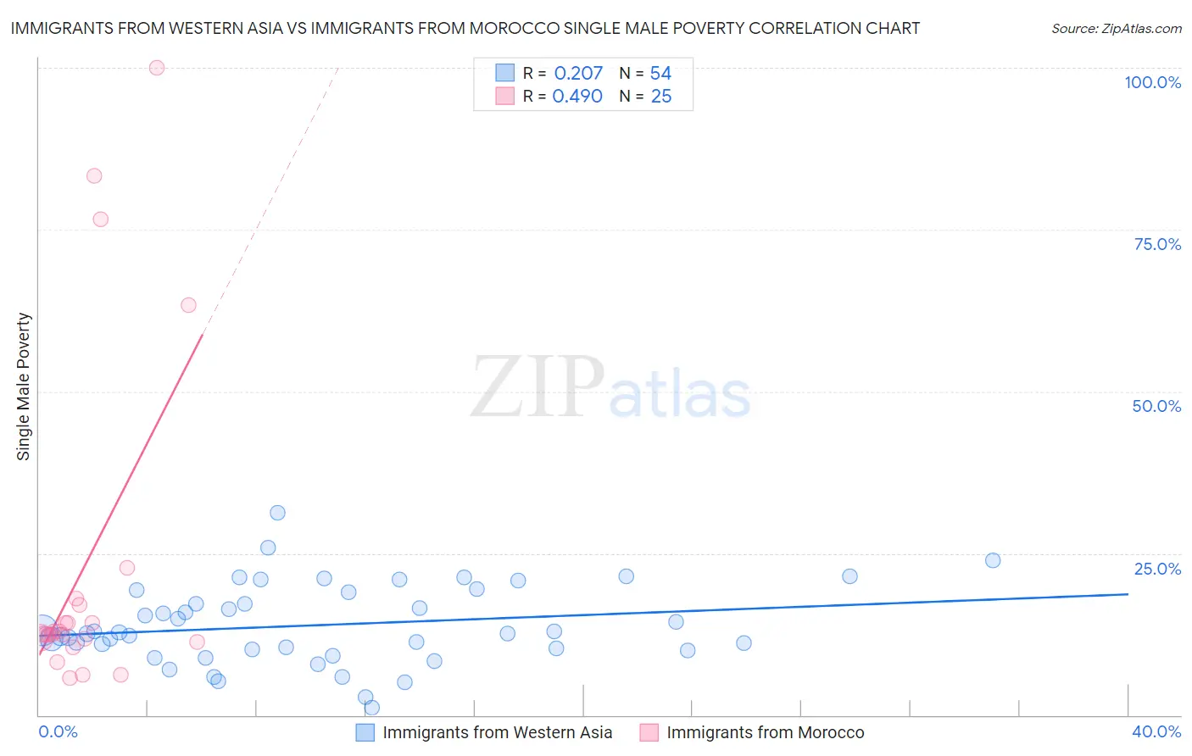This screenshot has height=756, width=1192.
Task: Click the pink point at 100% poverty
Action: (x=157, y=68)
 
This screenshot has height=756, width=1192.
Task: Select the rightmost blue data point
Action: (x=993, y=560)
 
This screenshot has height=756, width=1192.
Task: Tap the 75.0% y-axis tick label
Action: (x=1157, y=244)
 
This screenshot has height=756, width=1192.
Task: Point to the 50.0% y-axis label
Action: (x=1156, y=406)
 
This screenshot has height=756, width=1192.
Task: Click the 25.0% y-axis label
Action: (x=1157, y=569)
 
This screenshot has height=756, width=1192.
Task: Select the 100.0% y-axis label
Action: (x=1152, y=82)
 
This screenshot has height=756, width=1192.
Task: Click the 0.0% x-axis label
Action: (x=58, y=731)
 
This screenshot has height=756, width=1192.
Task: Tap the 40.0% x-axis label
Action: (x=1156, y=731)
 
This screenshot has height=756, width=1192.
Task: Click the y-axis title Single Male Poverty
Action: (x=24, y=386)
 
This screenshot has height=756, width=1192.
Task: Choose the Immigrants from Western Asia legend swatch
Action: (x=365, y=732)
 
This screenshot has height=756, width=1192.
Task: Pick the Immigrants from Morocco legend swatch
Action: (x=649, y=732)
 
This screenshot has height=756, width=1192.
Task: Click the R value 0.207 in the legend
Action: (x=578, y=74)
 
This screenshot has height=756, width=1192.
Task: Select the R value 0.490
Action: (x=577, y=97)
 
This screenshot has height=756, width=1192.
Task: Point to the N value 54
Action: (x=660, y=74)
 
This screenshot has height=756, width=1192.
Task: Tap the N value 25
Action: (x=660, y=97)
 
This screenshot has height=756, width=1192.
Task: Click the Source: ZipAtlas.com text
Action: (x=1116, y=29)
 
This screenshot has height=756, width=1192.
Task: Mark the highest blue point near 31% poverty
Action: (x=277, y=513)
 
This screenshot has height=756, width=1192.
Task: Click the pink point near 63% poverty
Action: (x=189, y=305)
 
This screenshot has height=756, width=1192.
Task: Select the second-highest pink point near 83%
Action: (x=94, y=176)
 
